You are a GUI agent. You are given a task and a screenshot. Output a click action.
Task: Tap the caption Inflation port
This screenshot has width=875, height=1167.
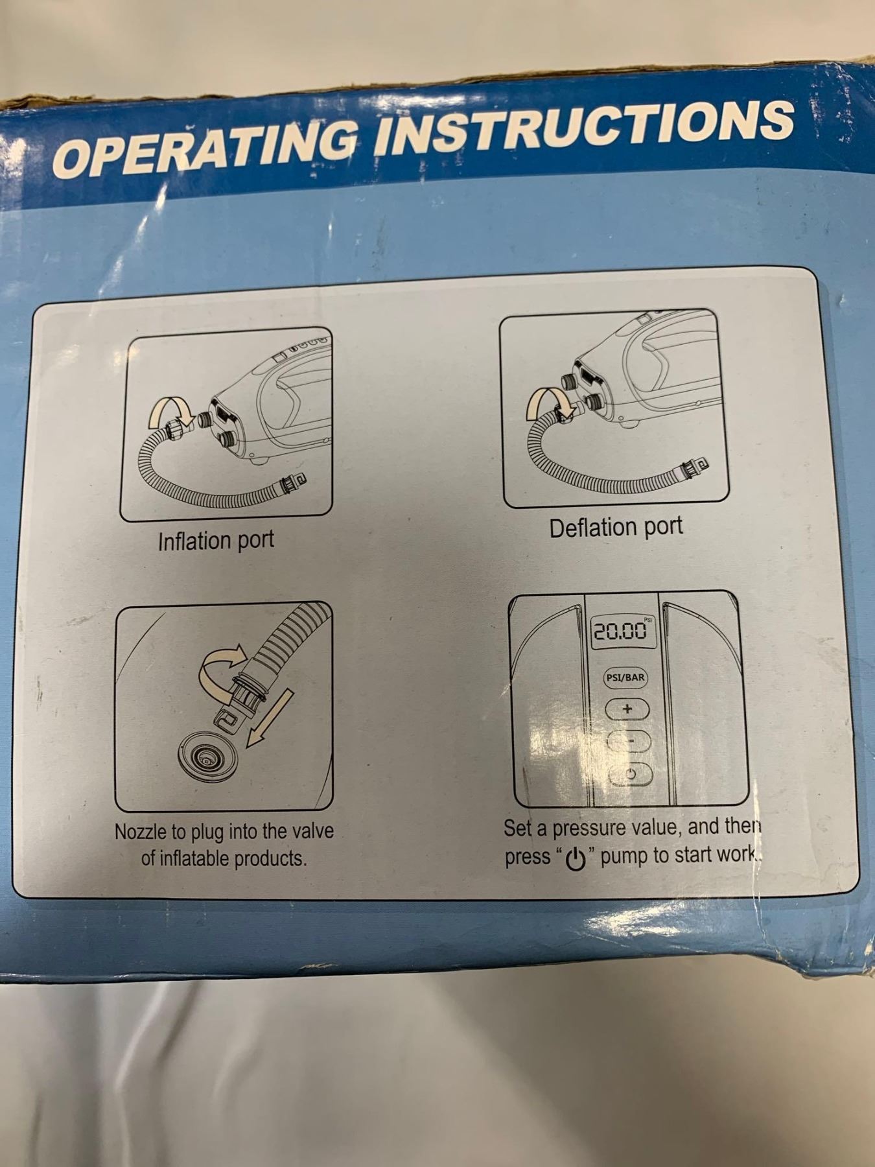(216, 540)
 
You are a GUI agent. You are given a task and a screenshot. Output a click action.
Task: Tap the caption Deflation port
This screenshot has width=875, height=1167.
(616, 527)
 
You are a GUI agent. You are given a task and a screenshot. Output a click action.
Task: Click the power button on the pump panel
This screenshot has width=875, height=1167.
(629, 773)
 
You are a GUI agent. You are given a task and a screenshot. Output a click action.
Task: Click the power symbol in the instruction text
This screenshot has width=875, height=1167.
(576, 859)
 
